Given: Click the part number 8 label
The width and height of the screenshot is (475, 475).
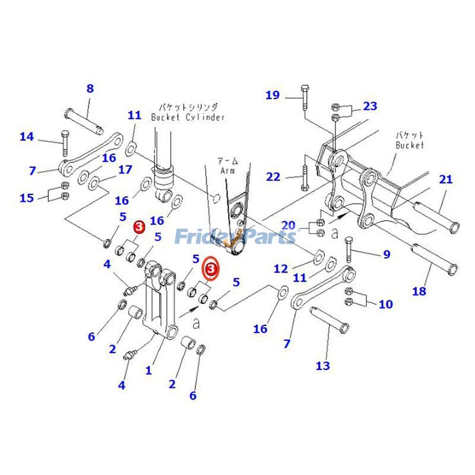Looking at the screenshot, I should [x=90, y=89].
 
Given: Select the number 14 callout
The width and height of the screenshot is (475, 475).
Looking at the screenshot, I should [x=27, y=137].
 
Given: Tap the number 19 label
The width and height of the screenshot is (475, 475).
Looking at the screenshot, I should [x=273, y=95].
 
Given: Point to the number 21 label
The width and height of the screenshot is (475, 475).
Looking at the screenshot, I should [x=446, y=179].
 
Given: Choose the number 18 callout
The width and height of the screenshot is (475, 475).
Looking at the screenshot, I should [x=420, y=291].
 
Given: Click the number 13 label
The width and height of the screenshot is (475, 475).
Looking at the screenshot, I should [x=322, y=366].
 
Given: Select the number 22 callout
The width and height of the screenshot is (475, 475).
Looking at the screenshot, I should [x=273, y=176].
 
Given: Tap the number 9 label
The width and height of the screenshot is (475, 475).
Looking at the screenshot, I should [x=387, y=255].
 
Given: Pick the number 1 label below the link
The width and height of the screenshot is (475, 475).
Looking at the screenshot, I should [x=148, y=370].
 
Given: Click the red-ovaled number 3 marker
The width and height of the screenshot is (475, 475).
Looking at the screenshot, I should [x=211, y=269].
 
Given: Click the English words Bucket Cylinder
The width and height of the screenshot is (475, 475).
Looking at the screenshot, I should [x=188, y=117].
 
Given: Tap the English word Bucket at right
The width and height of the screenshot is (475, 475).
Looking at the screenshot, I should [x=410, y=144].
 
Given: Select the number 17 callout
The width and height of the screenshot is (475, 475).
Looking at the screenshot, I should [x=125, y=170].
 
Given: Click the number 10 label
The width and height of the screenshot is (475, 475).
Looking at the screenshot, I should [x=386, y=305].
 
